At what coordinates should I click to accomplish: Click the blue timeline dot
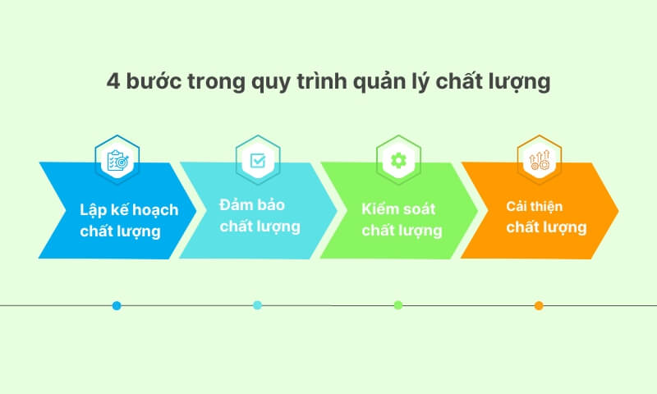click(x=117, y=305)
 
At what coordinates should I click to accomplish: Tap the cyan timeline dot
click(x=258, y=305)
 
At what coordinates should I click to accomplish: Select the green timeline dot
click(x=398, y=305)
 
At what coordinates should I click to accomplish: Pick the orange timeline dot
click(x=539, y=305)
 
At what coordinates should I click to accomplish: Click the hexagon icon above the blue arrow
click(x=117, y=159)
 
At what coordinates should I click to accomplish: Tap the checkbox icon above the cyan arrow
click(x=258, y=159)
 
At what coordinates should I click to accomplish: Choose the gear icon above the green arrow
click(x=398, y=159)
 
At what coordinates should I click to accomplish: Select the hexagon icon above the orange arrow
click(x=539, y=159)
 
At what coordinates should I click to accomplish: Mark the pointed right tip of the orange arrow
click(x=618, y=210)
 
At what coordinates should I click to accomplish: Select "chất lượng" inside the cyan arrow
click(x=260, y=226)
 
